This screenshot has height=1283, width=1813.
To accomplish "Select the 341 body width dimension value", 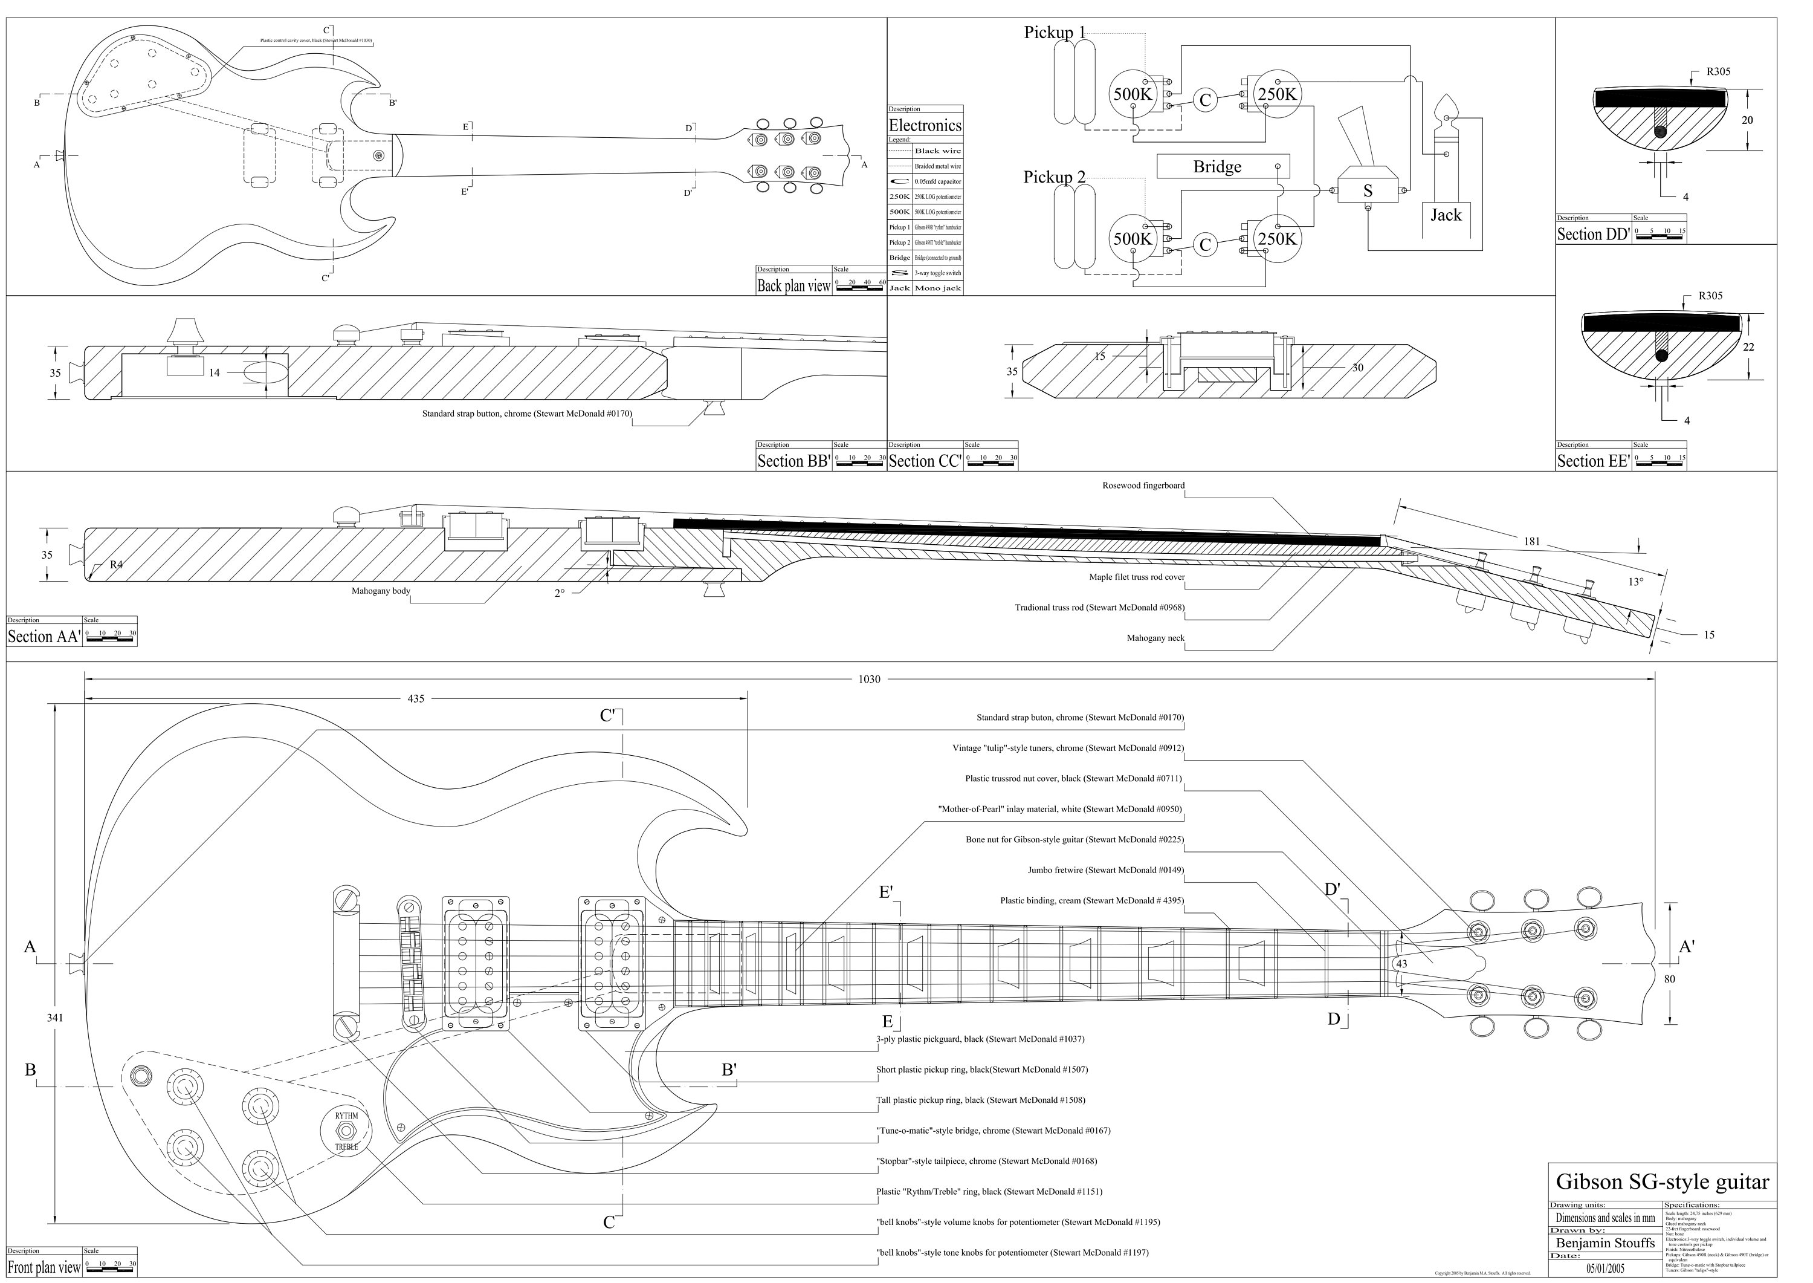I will pos(54,1018).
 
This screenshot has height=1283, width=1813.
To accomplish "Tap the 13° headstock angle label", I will pos(1635,582).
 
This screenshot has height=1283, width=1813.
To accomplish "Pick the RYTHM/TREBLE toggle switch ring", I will pos(346,1131).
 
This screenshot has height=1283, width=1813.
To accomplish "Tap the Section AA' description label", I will pos(44,636).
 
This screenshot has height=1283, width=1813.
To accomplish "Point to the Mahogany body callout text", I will pos(381,591).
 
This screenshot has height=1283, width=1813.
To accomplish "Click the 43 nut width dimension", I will pos(1401,964).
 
